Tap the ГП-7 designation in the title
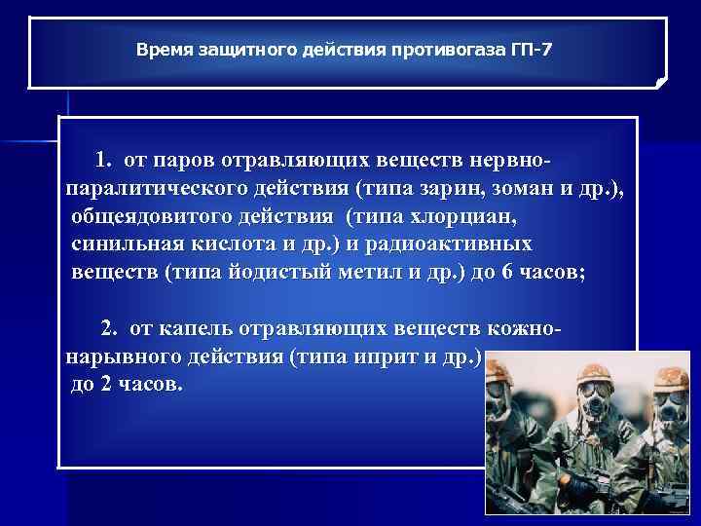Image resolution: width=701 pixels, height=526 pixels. point(530,47)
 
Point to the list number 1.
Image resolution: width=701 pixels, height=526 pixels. point(102,160)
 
